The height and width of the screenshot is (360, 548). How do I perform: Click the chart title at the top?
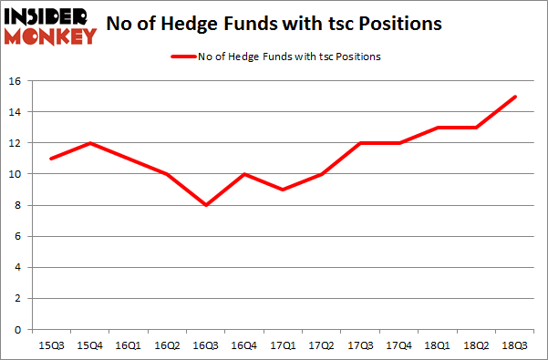point(275,25)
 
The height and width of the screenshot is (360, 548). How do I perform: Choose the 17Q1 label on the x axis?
point(283,345)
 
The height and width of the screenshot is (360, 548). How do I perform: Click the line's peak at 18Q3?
point(514,97)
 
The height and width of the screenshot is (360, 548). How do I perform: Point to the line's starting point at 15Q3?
point(51,159)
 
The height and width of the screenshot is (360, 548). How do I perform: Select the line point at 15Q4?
point(89,143)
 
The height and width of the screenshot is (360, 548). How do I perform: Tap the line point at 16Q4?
point(244,174)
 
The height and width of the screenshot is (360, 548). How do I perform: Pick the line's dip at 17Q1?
point(283,190)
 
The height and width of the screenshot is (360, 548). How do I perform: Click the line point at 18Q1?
point(436,128)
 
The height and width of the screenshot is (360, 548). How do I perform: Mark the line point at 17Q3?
point(359,143)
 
